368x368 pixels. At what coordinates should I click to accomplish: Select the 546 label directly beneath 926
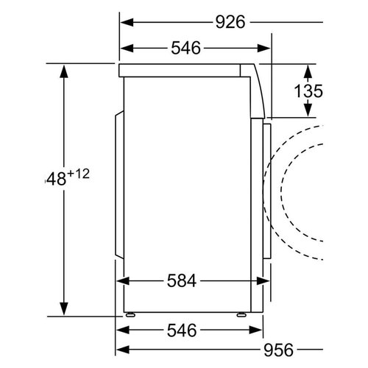point(186,49)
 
